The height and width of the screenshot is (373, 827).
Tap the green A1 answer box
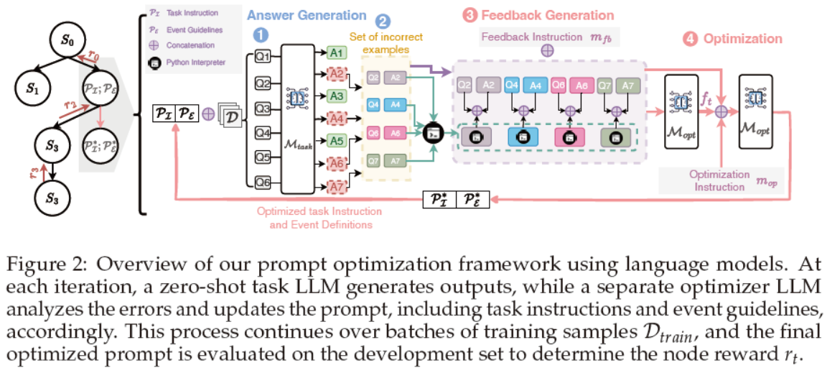(x=336, y=52)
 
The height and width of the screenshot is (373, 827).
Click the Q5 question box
(x=263, y=157)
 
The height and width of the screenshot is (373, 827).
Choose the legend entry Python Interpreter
(x=196, y=63)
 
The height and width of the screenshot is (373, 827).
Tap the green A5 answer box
(x=336, y=140)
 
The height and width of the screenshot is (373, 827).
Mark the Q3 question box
(x=263, y=109)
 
